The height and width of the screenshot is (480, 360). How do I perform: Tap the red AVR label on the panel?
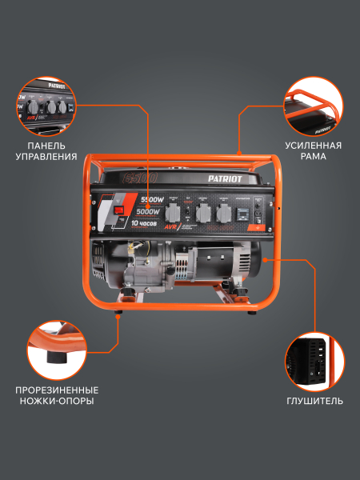pos(170,226)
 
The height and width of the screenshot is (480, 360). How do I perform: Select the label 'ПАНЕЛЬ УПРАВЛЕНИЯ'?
pos(52,151)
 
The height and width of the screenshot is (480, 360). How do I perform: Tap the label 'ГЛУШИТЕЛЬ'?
pos(314,400)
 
